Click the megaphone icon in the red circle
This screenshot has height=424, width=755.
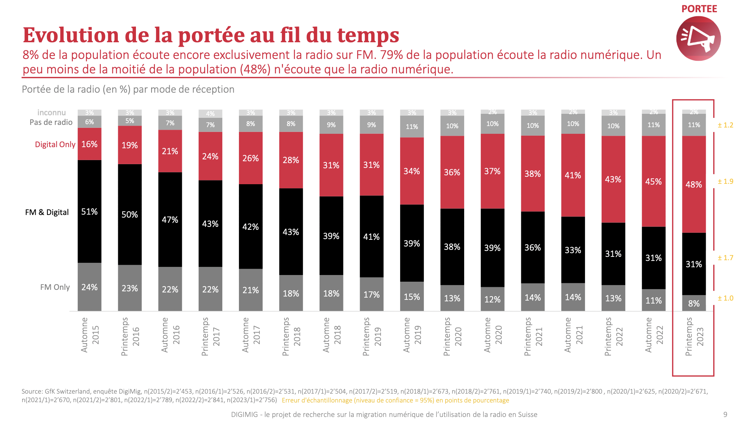(x=698, y=39)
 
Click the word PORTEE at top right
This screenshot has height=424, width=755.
(x=699, y=9)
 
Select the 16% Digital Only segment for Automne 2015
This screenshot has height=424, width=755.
(x=89, y=144)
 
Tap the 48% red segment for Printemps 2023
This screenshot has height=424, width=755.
(x=694, y=184)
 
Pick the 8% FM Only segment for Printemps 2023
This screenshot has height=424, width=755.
(x=694, y=303)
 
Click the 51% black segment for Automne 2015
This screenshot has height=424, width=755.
(x=89, y=212)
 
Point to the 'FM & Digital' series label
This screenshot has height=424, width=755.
(x=47, y=212)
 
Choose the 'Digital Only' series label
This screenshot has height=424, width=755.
(x=55, y=145)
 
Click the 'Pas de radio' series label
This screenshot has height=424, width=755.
(x=51, y=122)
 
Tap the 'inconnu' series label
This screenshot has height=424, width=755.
(x=51, y=113)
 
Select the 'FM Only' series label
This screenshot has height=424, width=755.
(x=55, y=287)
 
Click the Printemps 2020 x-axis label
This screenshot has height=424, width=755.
(x=452, y=336)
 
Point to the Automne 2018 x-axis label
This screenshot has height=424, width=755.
(x=331, y=335)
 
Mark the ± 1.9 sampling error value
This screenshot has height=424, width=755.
(x=725, y=182)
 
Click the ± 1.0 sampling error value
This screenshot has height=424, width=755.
(x=725, y=298)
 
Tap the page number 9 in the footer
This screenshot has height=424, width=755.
(x=725, y=414)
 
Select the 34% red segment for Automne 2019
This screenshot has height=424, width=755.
(x=412, y=171)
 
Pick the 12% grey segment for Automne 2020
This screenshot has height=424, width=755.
(x=492, y=299)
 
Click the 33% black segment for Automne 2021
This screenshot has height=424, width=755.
(x=573, y=250)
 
